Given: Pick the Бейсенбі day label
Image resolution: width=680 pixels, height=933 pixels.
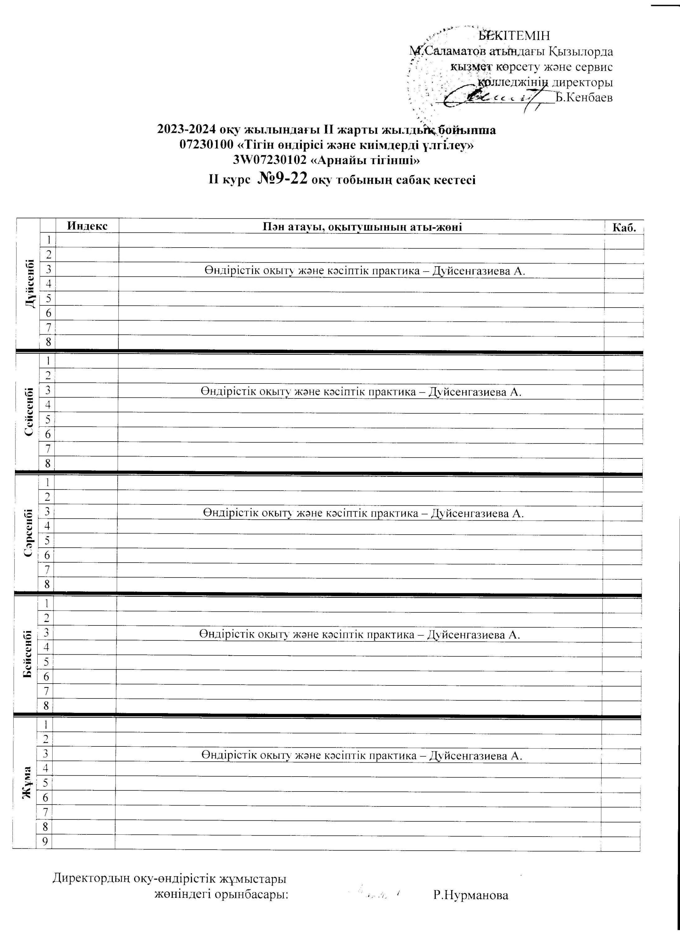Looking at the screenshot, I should click(x=28, y=654).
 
